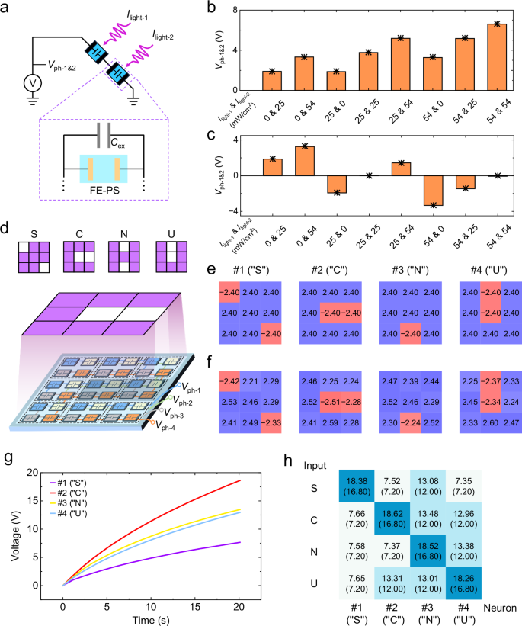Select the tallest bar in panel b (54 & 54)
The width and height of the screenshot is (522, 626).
[x=496, y=58]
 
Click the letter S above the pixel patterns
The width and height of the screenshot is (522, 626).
[x=33, y=228]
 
